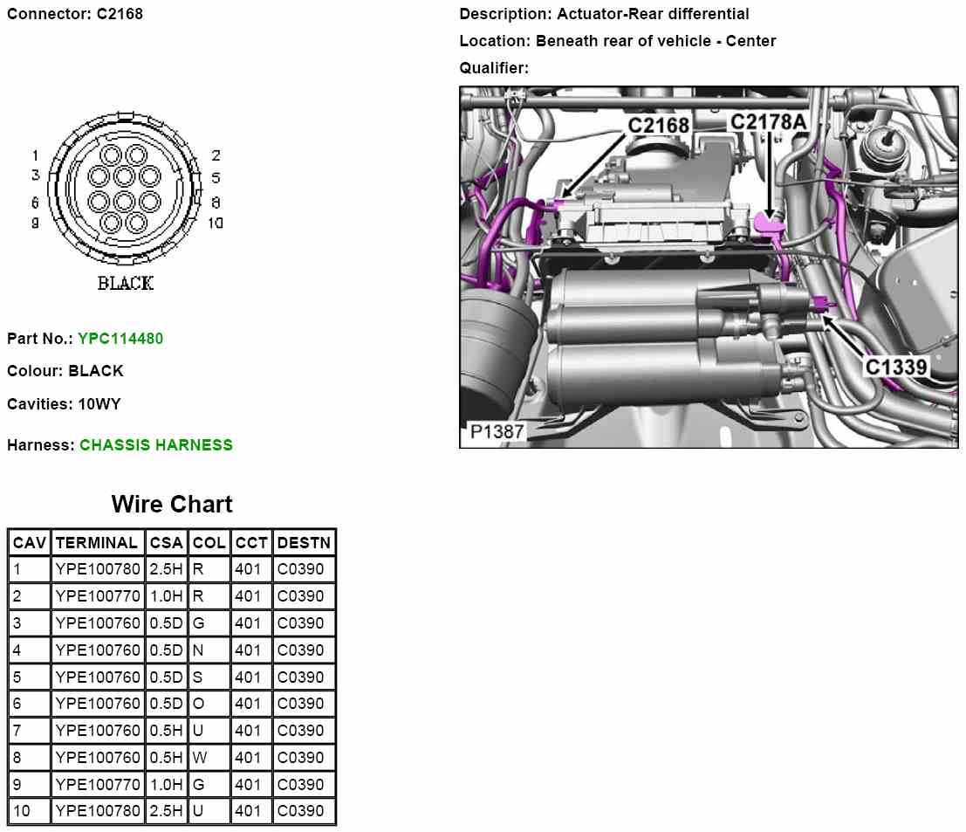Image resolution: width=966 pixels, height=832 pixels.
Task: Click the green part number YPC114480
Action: coord(120,338)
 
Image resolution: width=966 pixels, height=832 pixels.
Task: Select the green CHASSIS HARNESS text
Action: coord(156,444)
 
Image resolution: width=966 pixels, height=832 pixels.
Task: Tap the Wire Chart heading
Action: coord(172,505)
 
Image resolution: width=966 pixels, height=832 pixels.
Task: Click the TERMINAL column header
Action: coord(97,543)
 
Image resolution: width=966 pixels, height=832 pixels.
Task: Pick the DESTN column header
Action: coord(304,543)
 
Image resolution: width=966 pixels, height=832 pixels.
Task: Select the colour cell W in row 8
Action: coord(199,757)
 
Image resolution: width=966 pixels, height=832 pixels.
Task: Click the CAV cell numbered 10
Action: coord(22,811)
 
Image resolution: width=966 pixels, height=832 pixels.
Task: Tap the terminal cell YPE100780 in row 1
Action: coord(97,569)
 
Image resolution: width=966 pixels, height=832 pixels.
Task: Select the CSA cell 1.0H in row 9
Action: coord(165,784)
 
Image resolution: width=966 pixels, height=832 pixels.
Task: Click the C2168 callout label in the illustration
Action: coord(659,125)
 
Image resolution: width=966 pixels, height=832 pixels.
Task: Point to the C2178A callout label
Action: coord(768,122)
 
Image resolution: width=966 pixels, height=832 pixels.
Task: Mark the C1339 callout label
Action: coord(895,367)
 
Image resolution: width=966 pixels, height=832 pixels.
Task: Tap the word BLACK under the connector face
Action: coord(125,283)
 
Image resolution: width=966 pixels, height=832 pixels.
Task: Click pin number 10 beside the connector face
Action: coord(216,223)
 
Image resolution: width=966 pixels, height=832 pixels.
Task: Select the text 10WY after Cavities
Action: coord(99,404)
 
